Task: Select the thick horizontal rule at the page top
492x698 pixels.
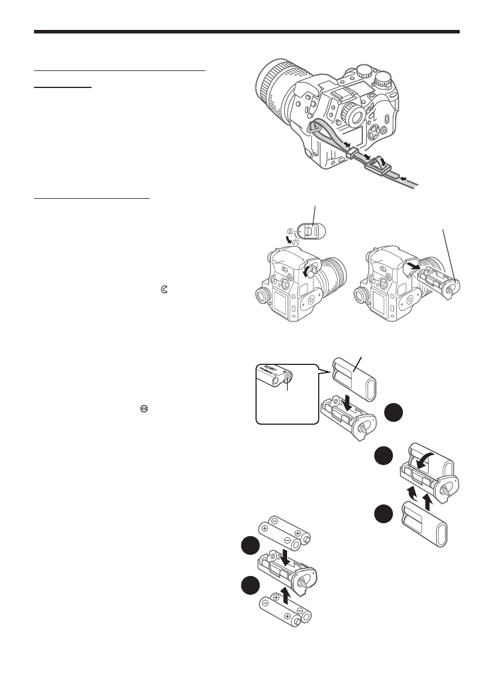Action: tap(247, 32)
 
